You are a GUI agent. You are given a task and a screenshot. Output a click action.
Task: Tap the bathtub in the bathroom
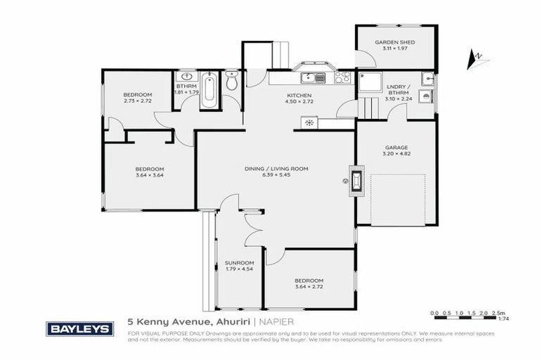pos(209,91)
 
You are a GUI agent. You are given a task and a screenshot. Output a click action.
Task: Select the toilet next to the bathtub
pos(232,83)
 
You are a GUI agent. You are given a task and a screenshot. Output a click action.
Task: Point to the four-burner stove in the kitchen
pos(342,77)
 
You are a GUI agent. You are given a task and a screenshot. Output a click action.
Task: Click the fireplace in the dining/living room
pos(356,181)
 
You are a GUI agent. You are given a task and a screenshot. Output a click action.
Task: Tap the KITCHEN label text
pos(299,96)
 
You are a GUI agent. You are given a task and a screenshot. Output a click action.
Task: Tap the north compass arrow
pos(476,56)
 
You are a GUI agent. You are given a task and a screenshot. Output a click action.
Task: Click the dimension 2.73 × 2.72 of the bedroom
pos(137,101)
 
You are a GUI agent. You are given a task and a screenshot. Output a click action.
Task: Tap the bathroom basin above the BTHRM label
pos(187,77)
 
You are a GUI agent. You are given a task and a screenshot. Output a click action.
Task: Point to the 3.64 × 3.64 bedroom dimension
pos(150,175)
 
